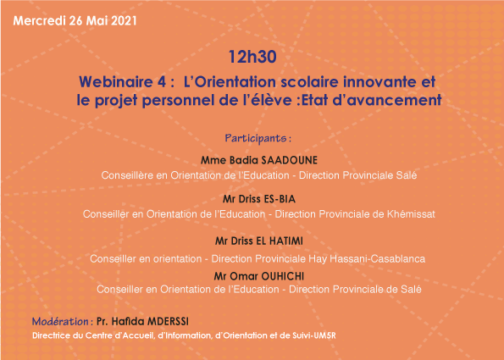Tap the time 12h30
(252, 57)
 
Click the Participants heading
(258, 137)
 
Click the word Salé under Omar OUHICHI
(411, 290)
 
